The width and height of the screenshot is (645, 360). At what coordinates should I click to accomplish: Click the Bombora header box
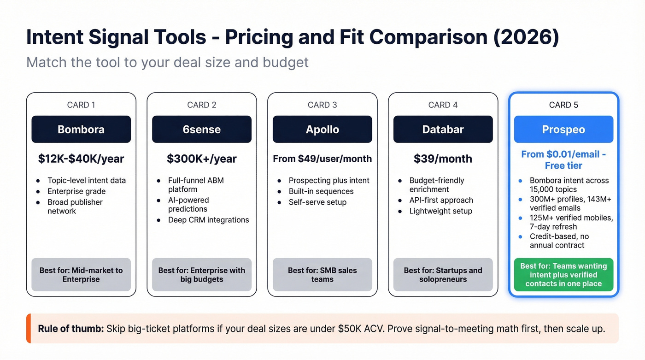click(x=81, y=130)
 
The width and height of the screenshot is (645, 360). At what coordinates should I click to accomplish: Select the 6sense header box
click(x=202, y=130)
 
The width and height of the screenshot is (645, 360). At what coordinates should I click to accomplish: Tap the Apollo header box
click(x=322, y=130)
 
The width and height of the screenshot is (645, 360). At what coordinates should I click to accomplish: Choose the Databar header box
click(x=443, y=130)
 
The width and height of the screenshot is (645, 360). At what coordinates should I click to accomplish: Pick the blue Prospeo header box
click(x=563, y=130)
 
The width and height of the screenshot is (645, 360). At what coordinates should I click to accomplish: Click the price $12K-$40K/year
click(x=81, y=159)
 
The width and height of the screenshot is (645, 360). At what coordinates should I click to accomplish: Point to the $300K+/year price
click(x=202, y=159)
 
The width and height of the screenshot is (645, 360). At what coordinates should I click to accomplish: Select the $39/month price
click(x=443, y=159)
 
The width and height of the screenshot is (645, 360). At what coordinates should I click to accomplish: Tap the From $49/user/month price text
click(x=322, y=159)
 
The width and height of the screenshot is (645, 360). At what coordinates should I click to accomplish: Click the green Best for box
click(x=563, y=275)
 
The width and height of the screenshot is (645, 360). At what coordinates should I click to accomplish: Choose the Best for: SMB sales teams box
click(x=322, y=275)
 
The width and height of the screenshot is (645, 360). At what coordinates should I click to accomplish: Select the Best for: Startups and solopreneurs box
click(x=443, y=275)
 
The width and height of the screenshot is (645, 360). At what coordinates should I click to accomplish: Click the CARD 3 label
click(x=322, y=105)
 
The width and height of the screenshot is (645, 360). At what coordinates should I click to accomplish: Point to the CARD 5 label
click(x=563, y=105)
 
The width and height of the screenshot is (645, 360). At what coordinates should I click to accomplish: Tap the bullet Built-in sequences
click(x=321, y=191)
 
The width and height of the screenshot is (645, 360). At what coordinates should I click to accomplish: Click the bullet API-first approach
click(x=441, y=200)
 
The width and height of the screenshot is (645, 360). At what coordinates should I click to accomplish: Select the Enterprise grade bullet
click(x=76, y=191)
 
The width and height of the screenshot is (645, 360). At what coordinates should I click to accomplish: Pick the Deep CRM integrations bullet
click(x=208, y=220)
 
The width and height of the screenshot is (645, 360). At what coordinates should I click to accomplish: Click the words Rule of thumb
click(x=70, y=329)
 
